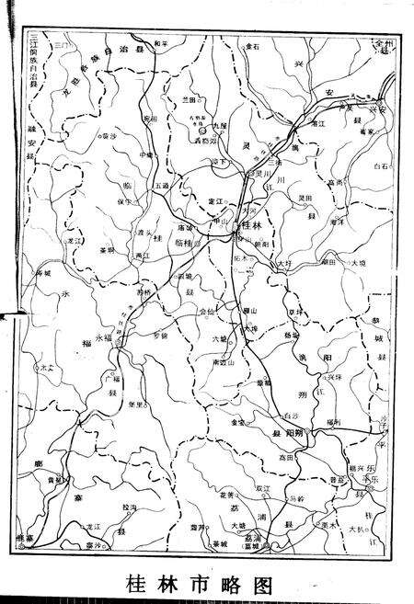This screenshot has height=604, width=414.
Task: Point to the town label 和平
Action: [x=162, y=43]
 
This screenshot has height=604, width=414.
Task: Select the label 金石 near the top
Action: [x=254, y=45]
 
